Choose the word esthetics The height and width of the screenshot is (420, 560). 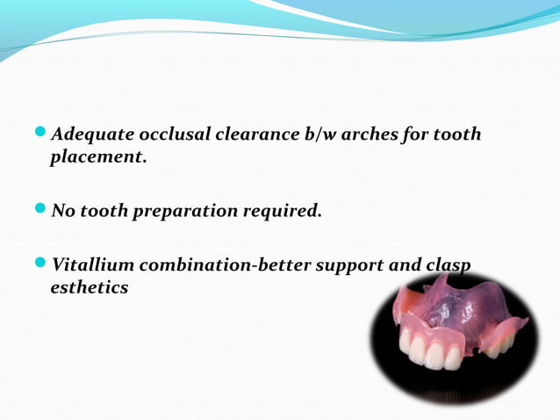(x=90, y=287)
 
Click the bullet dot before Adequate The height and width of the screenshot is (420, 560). (x=42, y=134)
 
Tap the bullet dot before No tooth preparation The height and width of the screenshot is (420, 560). (x=42, y=211)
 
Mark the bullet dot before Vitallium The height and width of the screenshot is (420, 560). (x=42, y=264)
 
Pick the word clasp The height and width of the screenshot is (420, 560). (x=448, y=265)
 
